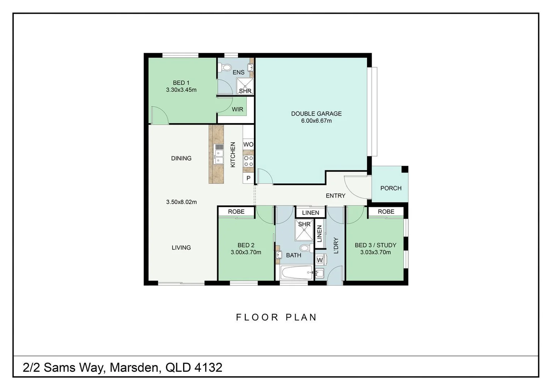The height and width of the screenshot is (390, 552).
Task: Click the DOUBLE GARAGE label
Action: tap(316, 113)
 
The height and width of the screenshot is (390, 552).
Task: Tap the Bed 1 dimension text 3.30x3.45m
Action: tap(181, 90)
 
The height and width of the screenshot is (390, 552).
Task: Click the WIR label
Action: tap(237, 109)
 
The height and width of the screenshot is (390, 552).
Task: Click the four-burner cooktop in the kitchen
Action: tap(248, 161)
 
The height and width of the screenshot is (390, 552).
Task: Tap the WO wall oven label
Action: tap(248, 144)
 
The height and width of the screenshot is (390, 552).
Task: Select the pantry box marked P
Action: tap(248, 178)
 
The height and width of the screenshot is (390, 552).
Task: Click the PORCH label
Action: tap(391, 188)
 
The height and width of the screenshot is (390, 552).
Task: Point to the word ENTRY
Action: tap(335, 196)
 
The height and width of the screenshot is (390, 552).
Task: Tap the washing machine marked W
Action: tap(319, 260)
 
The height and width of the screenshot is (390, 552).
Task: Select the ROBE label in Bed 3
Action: tap(386, 212)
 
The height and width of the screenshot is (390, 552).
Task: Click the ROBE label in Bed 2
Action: tap(236, 212)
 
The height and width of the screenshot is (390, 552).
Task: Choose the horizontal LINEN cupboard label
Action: tap(310, 213)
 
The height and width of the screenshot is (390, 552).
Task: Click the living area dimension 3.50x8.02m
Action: tap(181, 202)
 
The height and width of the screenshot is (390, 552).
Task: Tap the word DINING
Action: tap(181, 158)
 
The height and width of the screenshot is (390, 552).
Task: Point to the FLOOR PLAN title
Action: tap(276, 317)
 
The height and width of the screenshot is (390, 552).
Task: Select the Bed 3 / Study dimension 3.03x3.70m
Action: tap(375, 252)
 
